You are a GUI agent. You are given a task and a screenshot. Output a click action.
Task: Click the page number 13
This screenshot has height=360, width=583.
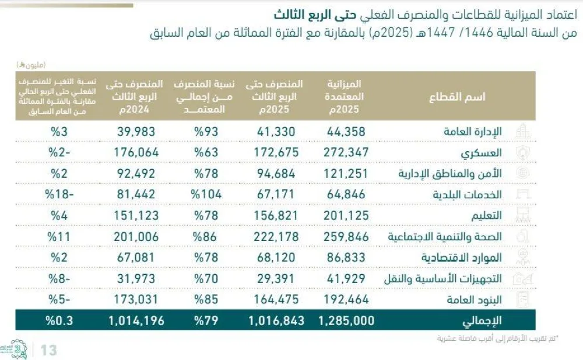[49, 350]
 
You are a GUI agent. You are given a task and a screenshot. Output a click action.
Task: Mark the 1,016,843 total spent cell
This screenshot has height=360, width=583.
[273, 320]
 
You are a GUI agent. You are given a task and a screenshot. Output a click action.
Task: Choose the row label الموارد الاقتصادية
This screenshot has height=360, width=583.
[465, 257]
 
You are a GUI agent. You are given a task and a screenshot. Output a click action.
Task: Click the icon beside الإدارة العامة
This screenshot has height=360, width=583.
[522, 131]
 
